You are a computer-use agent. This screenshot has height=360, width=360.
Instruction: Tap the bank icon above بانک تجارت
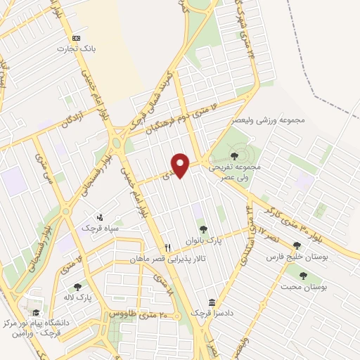coord(77,38)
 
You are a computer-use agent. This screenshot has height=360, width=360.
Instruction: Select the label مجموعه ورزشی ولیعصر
coord(271,120)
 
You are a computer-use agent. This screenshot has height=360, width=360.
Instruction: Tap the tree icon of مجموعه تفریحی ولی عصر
coord(234,155)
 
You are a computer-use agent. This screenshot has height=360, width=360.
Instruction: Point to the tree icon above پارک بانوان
coord(204,229)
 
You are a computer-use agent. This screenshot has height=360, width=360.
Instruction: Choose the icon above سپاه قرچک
coord(99,217)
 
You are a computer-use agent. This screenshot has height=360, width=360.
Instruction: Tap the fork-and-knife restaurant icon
coord(167,247)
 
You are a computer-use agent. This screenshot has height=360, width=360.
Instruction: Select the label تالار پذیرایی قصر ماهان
coord(166,259)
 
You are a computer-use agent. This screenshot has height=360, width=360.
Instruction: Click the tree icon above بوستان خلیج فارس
coord(297,245)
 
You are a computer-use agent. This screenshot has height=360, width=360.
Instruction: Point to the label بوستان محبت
coord(304,288)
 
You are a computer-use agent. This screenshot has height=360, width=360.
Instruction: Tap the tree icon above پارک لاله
coord(77,286)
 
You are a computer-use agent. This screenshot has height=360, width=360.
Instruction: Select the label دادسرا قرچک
coord(207,312)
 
